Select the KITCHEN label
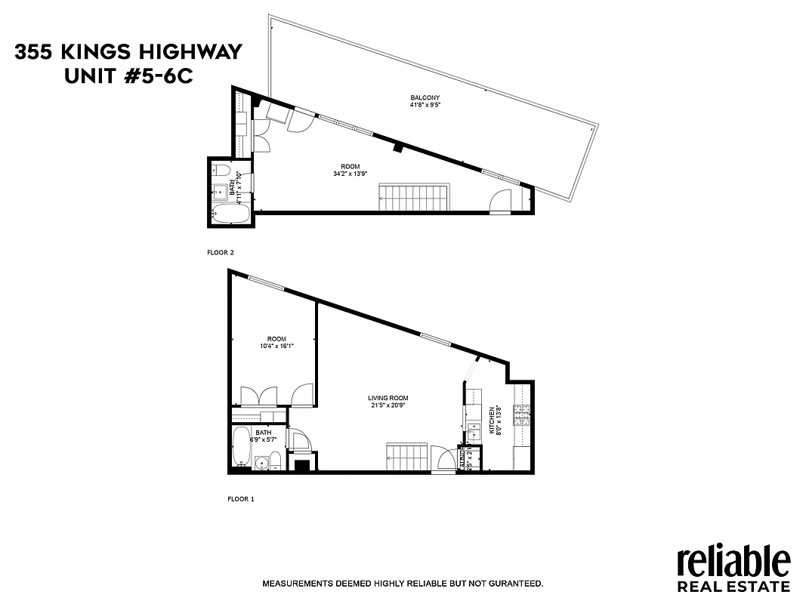pyautogui.click(x=492, y=421)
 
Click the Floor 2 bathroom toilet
pyautogui.click(x=218, y=169)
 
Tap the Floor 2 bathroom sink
pyautogui.click(x=220, y=191)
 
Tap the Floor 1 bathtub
pyautogui.click(x=242, y=447)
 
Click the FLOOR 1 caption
pyautogui.click(x=241, y=499)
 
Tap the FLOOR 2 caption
pyautogui.click(x=221, y=253)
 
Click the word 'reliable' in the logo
pyautogui.click(x=733, y=562)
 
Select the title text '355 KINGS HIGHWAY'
pyautogui.click(x=128, y=52)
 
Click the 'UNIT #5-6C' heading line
pyautogui.click(x=128, y=75)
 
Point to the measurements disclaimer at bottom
pyautogui.click(x=403, y=584)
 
